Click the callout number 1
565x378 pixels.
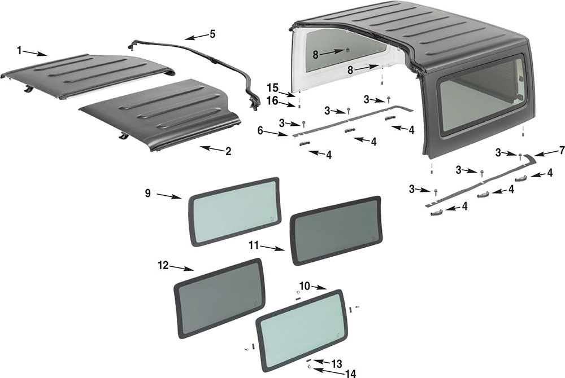click(19, 51)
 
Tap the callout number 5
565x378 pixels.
click(212, 34)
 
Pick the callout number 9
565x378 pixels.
click(147, 193)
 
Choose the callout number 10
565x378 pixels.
click(305, 287)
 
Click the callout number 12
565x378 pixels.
click(163, 264)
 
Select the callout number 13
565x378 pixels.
click(337, 363)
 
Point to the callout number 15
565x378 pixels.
click(273, 87)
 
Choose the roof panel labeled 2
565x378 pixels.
click(161, 116)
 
